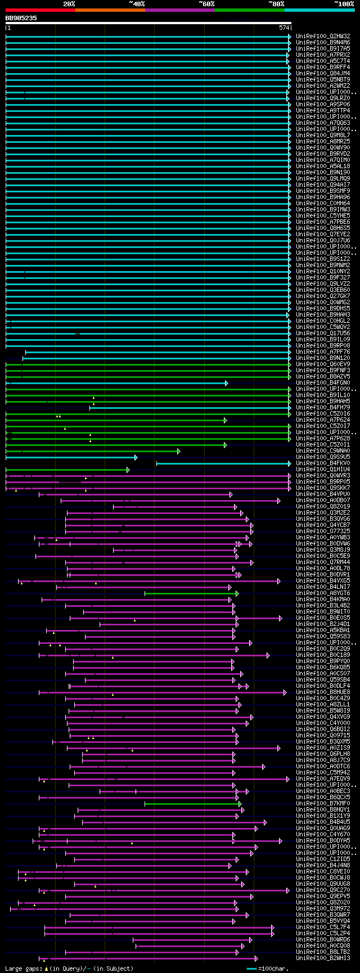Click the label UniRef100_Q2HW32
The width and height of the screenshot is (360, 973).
pyautogui.click(x=323, y=36)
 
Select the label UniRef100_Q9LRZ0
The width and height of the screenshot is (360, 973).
pyautogui.click(x=323, y=98)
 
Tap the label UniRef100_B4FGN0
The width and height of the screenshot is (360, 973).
pyautogui.click(x=323, y=383)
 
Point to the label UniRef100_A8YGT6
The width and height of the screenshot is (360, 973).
pyautogui.click(x=323, y=593)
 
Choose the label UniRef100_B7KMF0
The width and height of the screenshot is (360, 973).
pyautogui.click(x=323, y=803)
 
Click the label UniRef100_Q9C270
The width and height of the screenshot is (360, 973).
pyautogui.click(x=323, y=890)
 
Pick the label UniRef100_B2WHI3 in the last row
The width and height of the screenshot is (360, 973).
pyautogui.click(x=323, y=958)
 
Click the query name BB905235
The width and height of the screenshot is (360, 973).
pyautogui.click(x=21, y=18)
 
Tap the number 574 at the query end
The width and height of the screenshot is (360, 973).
pyautogui.click(x=283, y=28)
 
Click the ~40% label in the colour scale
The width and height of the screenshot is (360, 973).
pyautogui.click(x=137, y=4)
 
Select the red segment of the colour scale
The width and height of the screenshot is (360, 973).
pyautogui.click(x=40, y=10)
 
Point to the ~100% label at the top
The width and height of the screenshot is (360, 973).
pyautogui.click(x=344, y=4)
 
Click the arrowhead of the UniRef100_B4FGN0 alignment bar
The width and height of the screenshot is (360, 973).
pyautogui.click(x=227, y=383)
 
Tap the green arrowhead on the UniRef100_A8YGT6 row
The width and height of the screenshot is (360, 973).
pyautogui.click(x=237, y=593)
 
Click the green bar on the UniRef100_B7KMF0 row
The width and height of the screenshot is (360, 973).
pyautogui.click(x=191, y=803)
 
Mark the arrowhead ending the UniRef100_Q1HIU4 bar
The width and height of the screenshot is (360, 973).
pyautogui.click(x=128, y=470)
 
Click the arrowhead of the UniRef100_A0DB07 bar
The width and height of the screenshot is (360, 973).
pyautogui.click(x=278, y=501)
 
